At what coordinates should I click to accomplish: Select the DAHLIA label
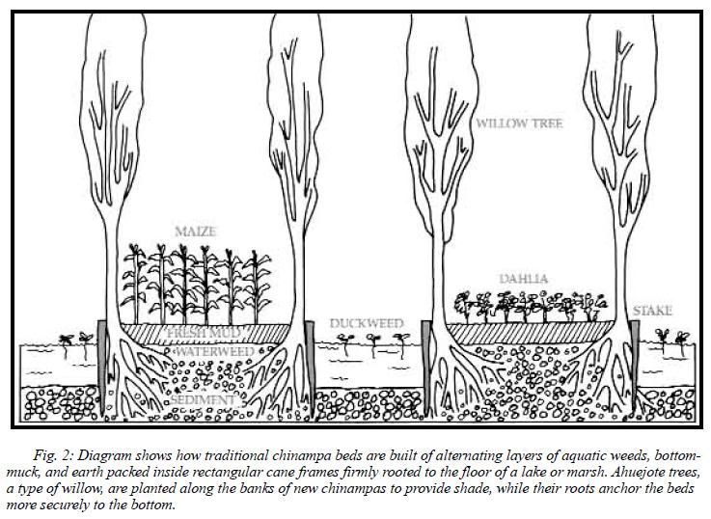(525, 279)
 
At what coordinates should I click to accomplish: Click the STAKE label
(653, 311)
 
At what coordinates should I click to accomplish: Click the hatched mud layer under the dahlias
(528, 333)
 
